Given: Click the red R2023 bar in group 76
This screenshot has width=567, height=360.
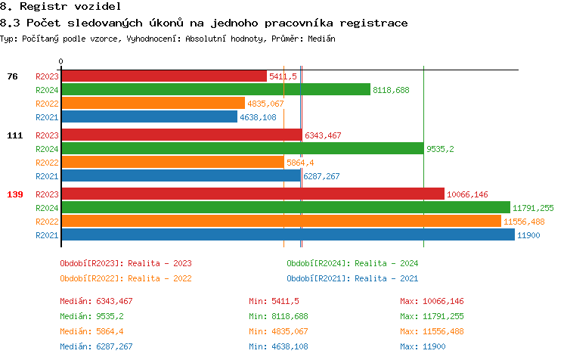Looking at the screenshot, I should point(163,76).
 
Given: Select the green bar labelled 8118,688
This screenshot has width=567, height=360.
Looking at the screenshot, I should point(215,90).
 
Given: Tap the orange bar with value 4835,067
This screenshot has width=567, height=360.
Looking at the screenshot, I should point(153,104).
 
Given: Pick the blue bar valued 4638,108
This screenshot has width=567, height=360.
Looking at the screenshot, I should point(149,117).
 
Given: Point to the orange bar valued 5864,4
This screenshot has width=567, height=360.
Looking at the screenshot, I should point(172,163).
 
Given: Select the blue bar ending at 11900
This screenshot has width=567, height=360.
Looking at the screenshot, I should point(287,235).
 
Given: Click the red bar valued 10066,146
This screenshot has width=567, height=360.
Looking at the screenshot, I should point(253,194).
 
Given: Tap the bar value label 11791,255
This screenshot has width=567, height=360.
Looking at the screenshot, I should point(533,208).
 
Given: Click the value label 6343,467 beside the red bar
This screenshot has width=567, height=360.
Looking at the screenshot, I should point(323,136).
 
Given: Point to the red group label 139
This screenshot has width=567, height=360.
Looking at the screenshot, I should point(15,195).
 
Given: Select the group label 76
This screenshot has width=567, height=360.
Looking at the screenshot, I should point(13,76).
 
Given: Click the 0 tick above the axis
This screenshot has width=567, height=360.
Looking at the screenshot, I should point(61,61).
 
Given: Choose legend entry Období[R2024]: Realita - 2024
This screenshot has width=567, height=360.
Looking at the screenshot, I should point(352,264).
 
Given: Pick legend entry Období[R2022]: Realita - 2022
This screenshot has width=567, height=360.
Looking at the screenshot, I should point(125,278).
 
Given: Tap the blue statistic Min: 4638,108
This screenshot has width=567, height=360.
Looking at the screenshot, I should point(278,347).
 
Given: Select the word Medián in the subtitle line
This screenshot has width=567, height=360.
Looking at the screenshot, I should point(321,39).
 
